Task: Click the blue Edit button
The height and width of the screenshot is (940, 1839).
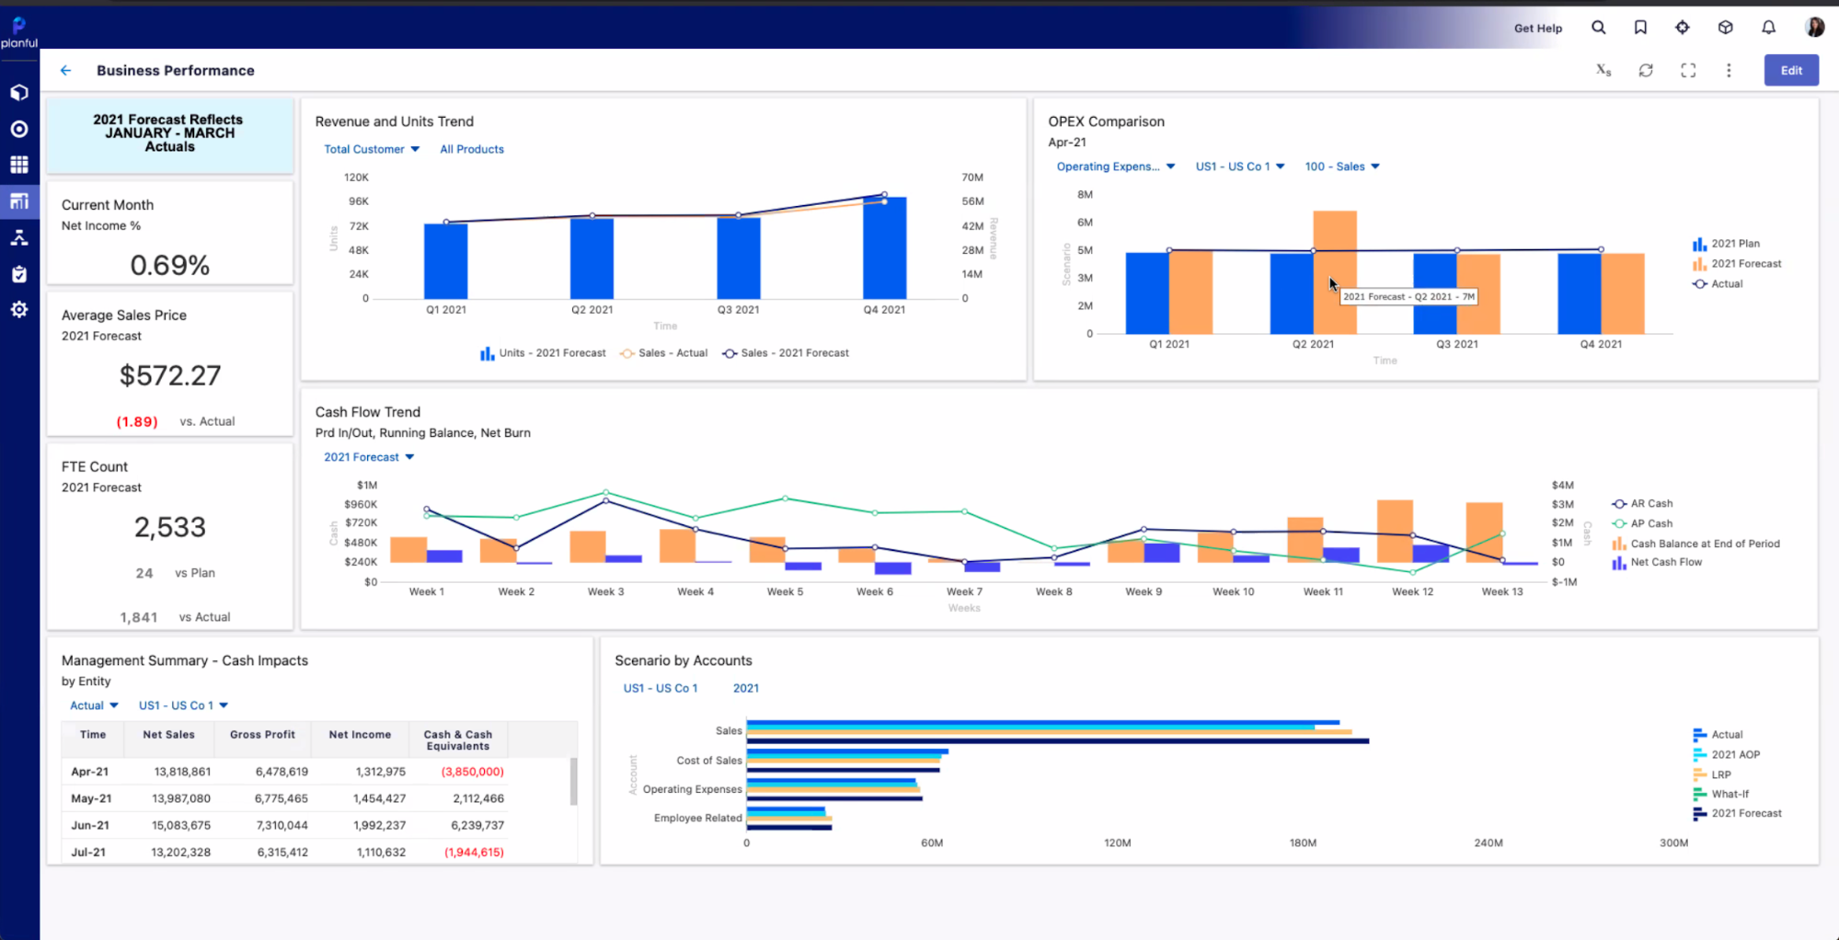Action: pyautogui.click(x=1790, y=70)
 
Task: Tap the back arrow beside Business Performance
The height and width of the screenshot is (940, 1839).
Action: pyautogui.click(x=65, y=70)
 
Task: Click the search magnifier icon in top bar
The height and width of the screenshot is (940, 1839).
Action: pyautogui.click(x=1598, y=28)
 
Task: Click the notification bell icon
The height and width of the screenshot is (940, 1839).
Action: pyautogui.click(x=1768, y=28)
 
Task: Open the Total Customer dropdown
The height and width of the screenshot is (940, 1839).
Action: pyautogui.click(x=372, y=149)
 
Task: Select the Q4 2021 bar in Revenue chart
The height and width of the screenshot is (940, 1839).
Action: pyautogui.click(x=884, y=248)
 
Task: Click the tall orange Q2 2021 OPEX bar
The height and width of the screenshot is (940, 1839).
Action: pyautogui.click(x=1334, y=271)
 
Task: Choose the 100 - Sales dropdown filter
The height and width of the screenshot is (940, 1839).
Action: pyautogui.click(x=1341, y=166)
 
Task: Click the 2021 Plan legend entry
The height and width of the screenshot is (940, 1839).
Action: pyautogui.click(x=1734, y=244)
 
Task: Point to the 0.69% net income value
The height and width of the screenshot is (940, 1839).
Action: pyautogui.click(x=170, y=266)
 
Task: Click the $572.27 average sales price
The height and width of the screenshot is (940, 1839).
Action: pyautogui.click(x=170, y=375)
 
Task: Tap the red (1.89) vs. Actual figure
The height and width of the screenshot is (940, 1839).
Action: pyautogui.click(x=137, y=421)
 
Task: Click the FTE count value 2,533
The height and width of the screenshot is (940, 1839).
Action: pyautogui.click(x=170, y=527)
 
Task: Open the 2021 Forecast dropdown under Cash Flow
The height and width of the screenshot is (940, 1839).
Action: pyautogui.click(x=368, y=457)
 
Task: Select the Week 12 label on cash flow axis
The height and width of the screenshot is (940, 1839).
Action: pyautogui.click(x=1412, y=591)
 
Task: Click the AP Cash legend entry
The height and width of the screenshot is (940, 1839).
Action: pyautogui.click(x=1650, y=523)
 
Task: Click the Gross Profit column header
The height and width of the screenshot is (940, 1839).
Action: pyautogui.click(x=262, y=735)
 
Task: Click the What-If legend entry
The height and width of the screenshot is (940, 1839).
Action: pyautogui.click(x=1729, y=794)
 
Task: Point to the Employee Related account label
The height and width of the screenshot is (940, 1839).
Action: pyautogui.click(x=697, y=818)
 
